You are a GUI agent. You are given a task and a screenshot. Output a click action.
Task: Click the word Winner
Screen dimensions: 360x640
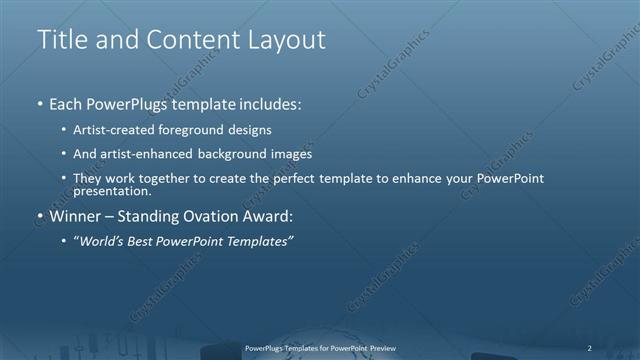76,215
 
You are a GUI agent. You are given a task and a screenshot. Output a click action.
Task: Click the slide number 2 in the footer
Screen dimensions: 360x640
590,348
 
